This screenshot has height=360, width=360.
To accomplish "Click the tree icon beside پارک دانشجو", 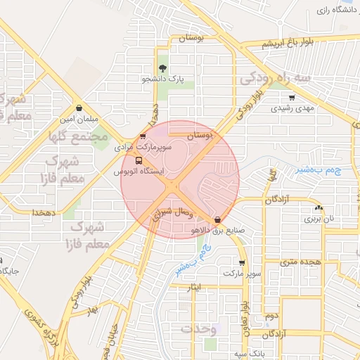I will (163, 68).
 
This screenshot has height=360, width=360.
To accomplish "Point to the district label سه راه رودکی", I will (275, 78).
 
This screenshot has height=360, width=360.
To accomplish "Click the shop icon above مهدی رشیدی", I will (292, 97).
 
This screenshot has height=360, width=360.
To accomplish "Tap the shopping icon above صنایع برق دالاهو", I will (217, 219).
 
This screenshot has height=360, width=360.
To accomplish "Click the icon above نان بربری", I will (319, 208).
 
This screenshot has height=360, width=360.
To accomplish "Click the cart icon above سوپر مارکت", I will (242, 262).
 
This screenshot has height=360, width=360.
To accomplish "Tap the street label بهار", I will (90, 309).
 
